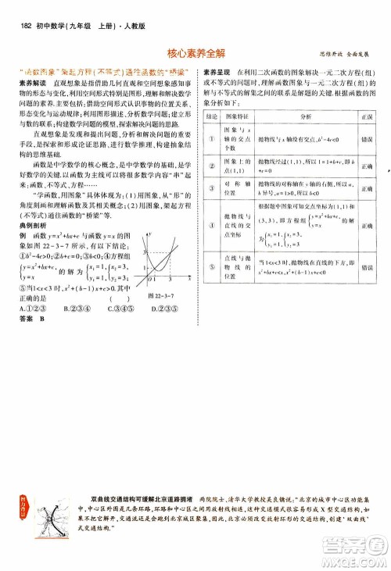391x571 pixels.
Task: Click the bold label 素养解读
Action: click(x=32, y=81)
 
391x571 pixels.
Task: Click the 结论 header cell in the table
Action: click(x=210, y=115)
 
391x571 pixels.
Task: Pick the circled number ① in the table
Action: click(x=210, y=137)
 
